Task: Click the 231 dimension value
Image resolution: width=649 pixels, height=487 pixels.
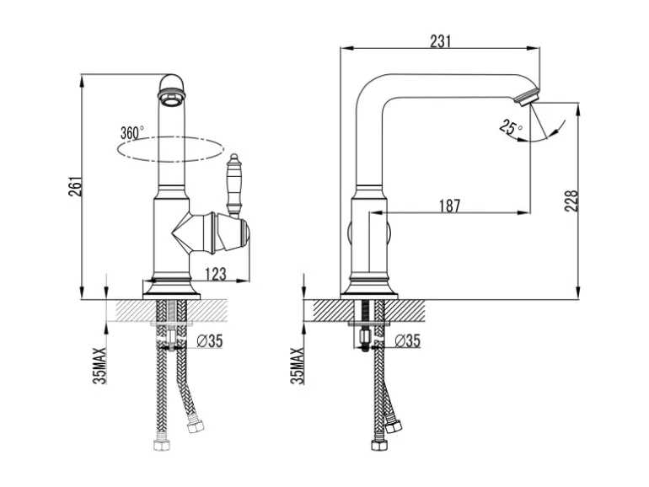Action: (440, 41)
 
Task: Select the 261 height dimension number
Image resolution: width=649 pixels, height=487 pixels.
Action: (75, 186)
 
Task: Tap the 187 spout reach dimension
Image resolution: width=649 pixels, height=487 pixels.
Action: (449, 206)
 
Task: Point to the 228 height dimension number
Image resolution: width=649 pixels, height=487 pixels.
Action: (571, 201)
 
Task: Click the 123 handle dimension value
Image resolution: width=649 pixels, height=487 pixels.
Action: (216, 274)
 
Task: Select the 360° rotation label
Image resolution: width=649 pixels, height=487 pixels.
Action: (131, 133)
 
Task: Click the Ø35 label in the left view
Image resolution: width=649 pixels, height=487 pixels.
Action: (209, 341)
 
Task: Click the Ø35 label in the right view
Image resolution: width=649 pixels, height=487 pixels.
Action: (407, 341)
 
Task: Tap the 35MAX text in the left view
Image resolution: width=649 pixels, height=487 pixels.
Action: (99, 366)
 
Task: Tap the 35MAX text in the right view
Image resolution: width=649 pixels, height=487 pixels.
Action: (298, 366)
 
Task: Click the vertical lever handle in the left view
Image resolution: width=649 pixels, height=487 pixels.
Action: (233, 185)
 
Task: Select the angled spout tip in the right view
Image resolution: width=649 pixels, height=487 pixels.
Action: (527, 97)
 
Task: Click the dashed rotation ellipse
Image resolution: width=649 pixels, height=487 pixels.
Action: (170, 149)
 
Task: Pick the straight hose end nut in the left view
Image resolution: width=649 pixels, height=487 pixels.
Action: (162, 445)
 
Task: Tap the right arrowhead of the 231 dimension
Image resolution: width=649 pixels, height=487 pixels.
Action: (536, 48)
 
